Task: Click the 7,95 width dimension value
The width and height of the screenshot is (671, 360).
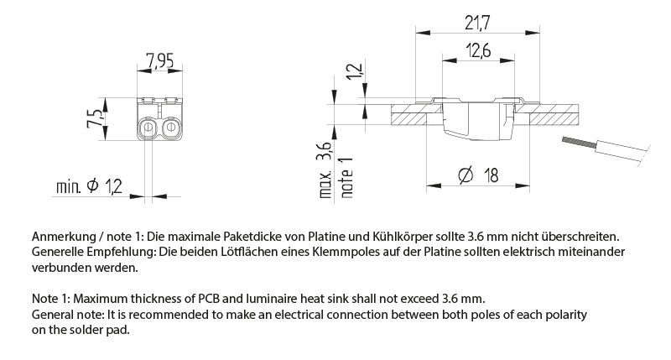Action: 159,60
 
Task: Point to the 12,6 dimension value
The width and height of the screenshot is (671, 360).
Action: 475,51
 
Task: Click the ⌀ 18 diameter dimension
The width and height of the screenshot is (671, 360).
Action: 479,175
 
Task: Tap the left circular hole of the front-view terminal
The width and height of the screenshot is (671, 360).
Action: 148,128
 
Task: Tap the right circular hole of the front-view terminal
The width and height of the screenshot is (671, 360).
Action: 170,128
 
